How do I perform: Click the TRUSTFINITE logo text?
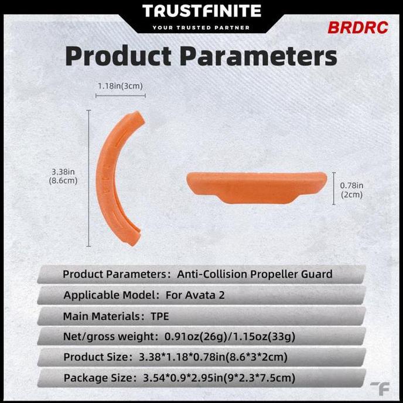[x=201, y=11]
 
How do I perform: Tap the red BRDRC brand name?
[x=357, y=28]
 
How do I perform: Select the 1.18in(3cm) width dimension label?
[x=120, y=86]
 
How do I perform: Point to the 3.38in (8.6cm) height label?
[x=64, y=176]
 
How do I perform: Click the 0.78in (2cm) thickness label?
[x=351, y=190]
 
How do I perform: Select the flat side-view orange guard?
[x=257, y=187]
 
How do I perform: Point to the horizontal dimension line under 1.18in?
[x=120, y=95]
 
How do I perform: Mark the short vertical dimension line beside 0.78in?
[x=334, y=188]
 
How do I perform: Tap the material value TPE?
[x=159, y=316]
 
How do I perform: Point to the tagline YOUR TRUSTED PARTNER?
[x=201, y=28]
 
